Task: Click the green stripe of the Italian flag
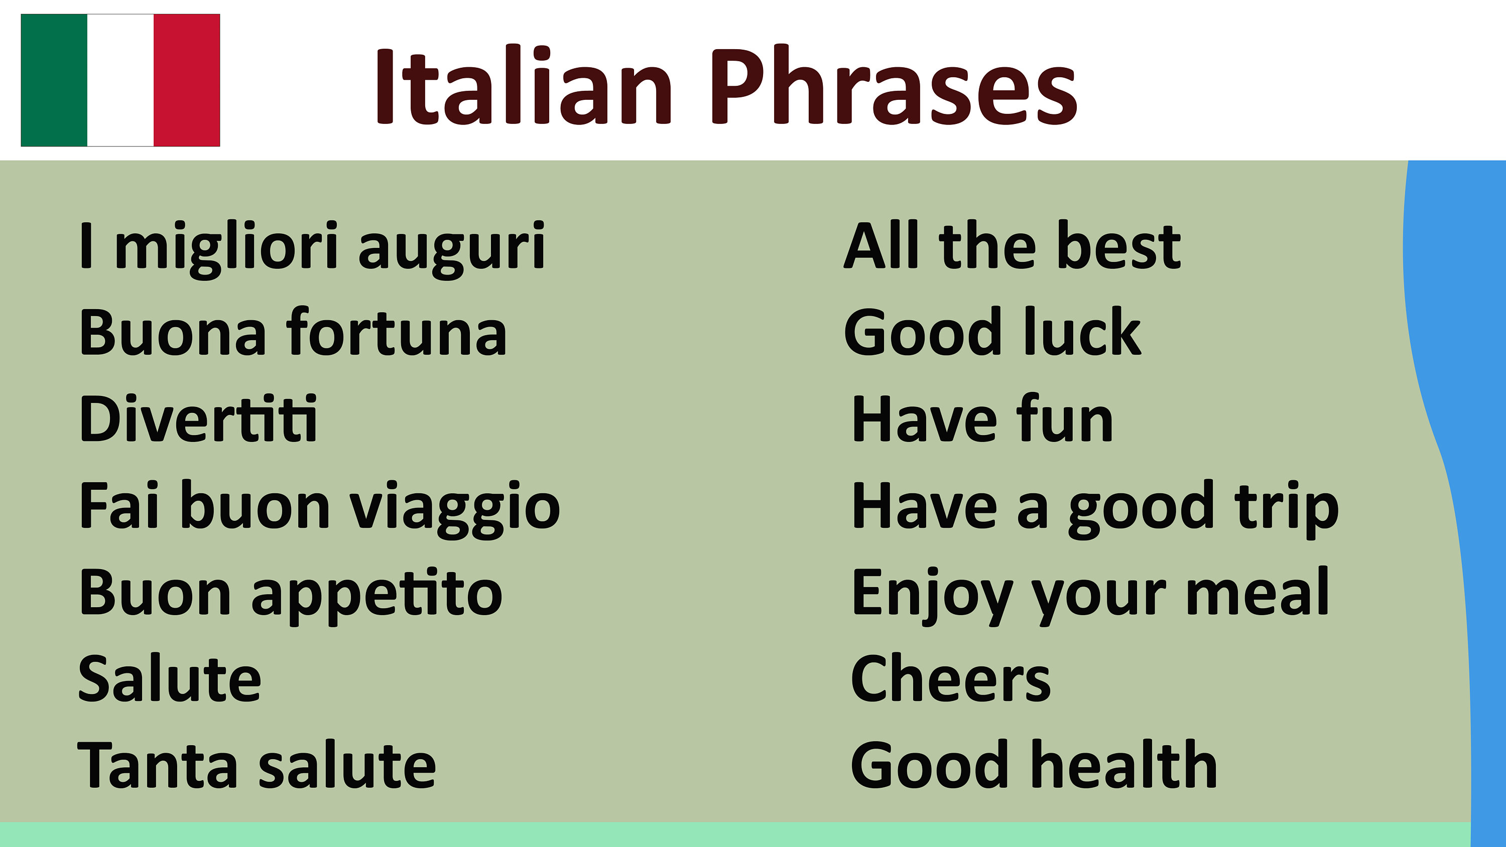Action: (x=54, y=80)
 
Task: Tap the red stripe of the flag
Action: (x=187, y=80)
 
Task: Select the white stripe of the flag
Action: (x=120, y=80)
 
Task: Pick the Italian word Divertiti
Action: (x=198, y=419)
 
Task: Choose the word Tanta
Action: (x=157, y=766)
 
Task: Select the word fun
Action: (x=1064, y=419)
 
